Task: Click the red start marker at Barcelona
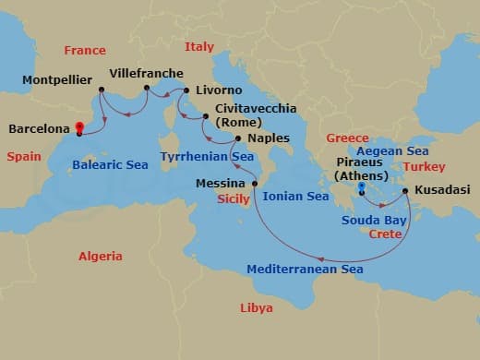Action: click(x=79, y=129)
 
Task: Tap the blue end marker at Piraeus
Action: click(x=362, y=189)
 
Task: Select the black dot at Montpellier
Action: click(x=101, y=90)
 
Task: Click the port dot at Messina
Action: click(x=255, y=183)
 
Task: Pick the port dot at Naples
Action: click(x=238, y=139)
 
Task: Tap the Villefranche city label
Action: click(x=146, y=73)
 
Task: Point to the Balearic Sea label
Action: click(x=110, y=165)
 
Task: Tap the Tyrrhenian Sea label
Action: click(x=207, y=157)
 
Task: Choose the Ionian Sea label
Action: click(x=296, y=196)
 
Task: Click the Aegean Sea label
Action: click(x=392, y=150)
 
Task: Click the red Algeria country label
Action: click(x=101, y=256)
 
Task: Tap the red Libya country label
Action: click(x=256, y=307)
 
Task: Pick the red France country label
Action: click(x=84, y=50)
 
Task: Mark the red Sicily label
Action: click(x=234, y=198)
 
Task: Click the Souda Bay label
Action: click(x=374, y=220)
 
